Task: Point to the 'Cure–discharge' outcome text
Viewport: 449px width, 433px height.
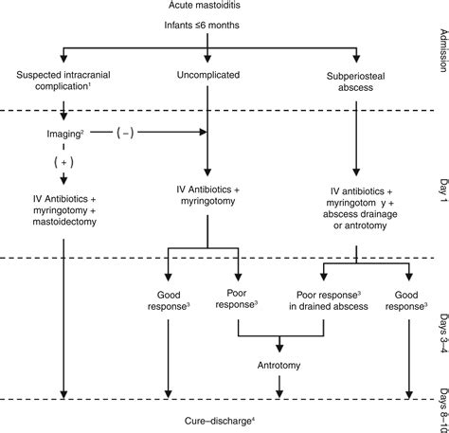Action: tap(223, 418)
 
